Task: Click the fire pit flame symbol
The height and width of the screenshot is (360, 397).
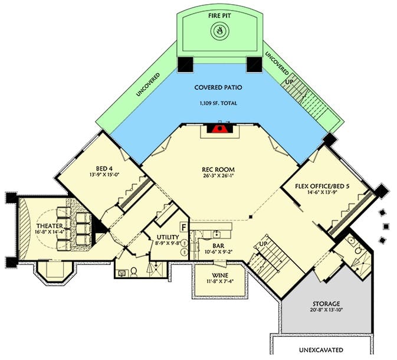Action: [x=219, y=31]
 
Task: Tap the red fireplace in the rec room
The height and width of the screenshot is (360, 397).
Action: [x=220, y=129]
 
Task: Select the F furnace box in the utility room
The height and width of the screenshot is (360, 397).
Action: [x=184, y=227]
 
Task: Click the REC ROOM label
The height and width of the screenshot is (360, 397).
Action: [x=218, y=169]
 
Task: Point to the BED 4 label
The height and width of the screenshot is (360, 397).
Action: [x=104, y=168]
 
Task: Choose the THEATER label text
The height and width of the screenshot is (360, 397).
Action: [x=50, y=225]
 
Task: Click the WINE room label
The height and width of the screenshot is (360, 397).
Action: [x=220, y=276]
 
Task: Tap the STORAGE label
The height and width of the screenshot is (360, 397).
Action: [x=326, y=304]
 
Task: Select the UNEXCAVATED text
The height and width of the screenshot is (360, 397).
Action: [x=321, y=350]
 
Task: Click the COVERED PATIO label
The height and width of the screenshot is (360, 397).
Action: [x=218, y=87]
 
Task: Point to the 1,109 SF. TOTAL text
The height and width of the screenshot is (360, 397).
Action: [x=218, y=103]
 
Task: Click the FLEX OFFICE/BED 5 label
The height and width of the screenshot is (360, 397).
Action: [x=322, y=186]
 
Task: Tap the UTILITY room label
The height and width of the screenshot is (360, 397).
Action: [x=168, y=237]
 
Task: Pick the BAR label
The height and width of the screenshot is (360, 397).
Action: [x=218, y=246]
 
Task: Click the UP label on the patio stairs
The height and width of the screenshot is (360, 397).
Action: [x=289, y=82]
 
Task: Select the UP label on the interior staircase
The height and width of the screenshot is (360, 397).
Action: [x=263, y=244]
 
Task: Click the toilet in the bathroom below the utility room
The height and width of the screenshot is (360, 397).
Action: [x=134, y=272]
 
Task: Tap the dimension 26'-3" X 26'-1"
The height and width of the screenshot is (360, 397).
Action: [x=218, y=175]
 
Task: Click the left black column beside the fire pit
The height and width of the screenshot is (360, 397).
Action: [x=185, y=64]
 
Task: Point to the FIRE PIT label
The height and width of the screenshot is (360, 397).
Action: [x=219, y=16]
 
